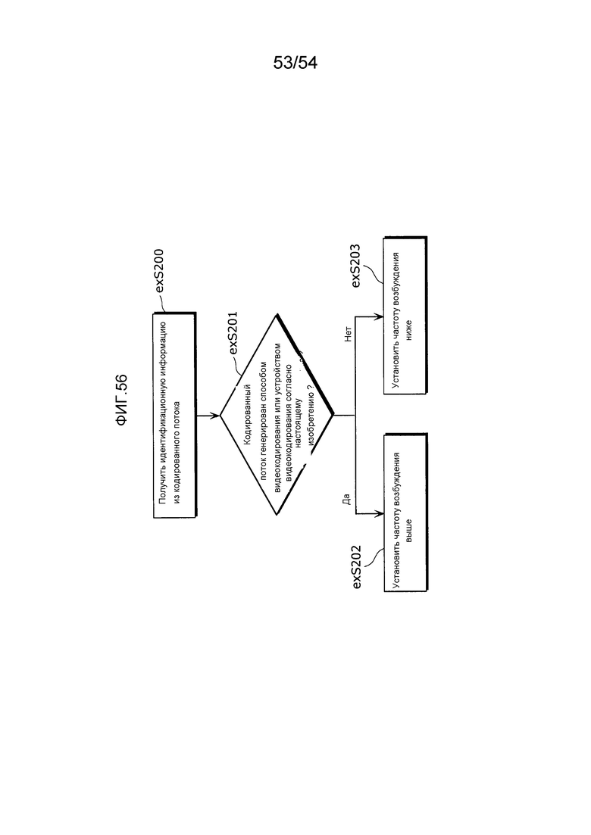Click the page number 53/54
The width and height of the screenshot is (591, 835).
(x=295, y=63)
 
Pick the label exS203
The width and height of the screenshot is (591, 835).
(x=356, y=268)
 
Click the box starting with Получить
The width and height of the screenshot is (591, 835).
(x=175, y=416)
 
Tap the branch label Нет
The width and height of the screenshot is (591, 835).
(x=348, y=334)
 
